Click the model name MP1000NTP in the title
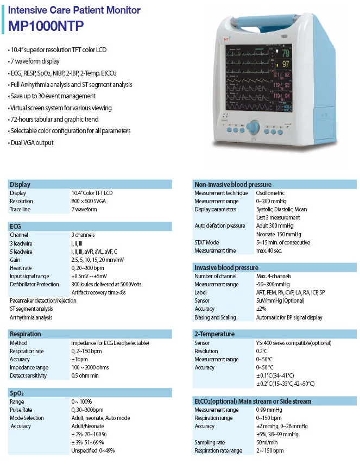tap(46, 26)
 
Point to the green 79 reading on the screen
tap(285, 54)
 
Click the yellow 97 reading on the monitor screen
tap(286, 65)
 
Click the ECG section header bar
tap(90, 226)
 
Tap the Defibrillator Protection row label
tap(34, 284)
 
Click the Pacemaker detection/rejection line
tap(43, 300)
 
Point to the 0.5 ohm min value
tap(85, 375)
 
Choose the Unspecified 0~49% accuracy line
tap(93, 450)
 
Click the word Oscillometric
tap(270, 193)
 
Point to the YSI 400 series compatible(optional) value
tap(293, 343)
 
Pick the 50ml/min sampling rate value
tap(267, 442)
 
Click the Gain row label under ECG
tap(16, 260)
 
